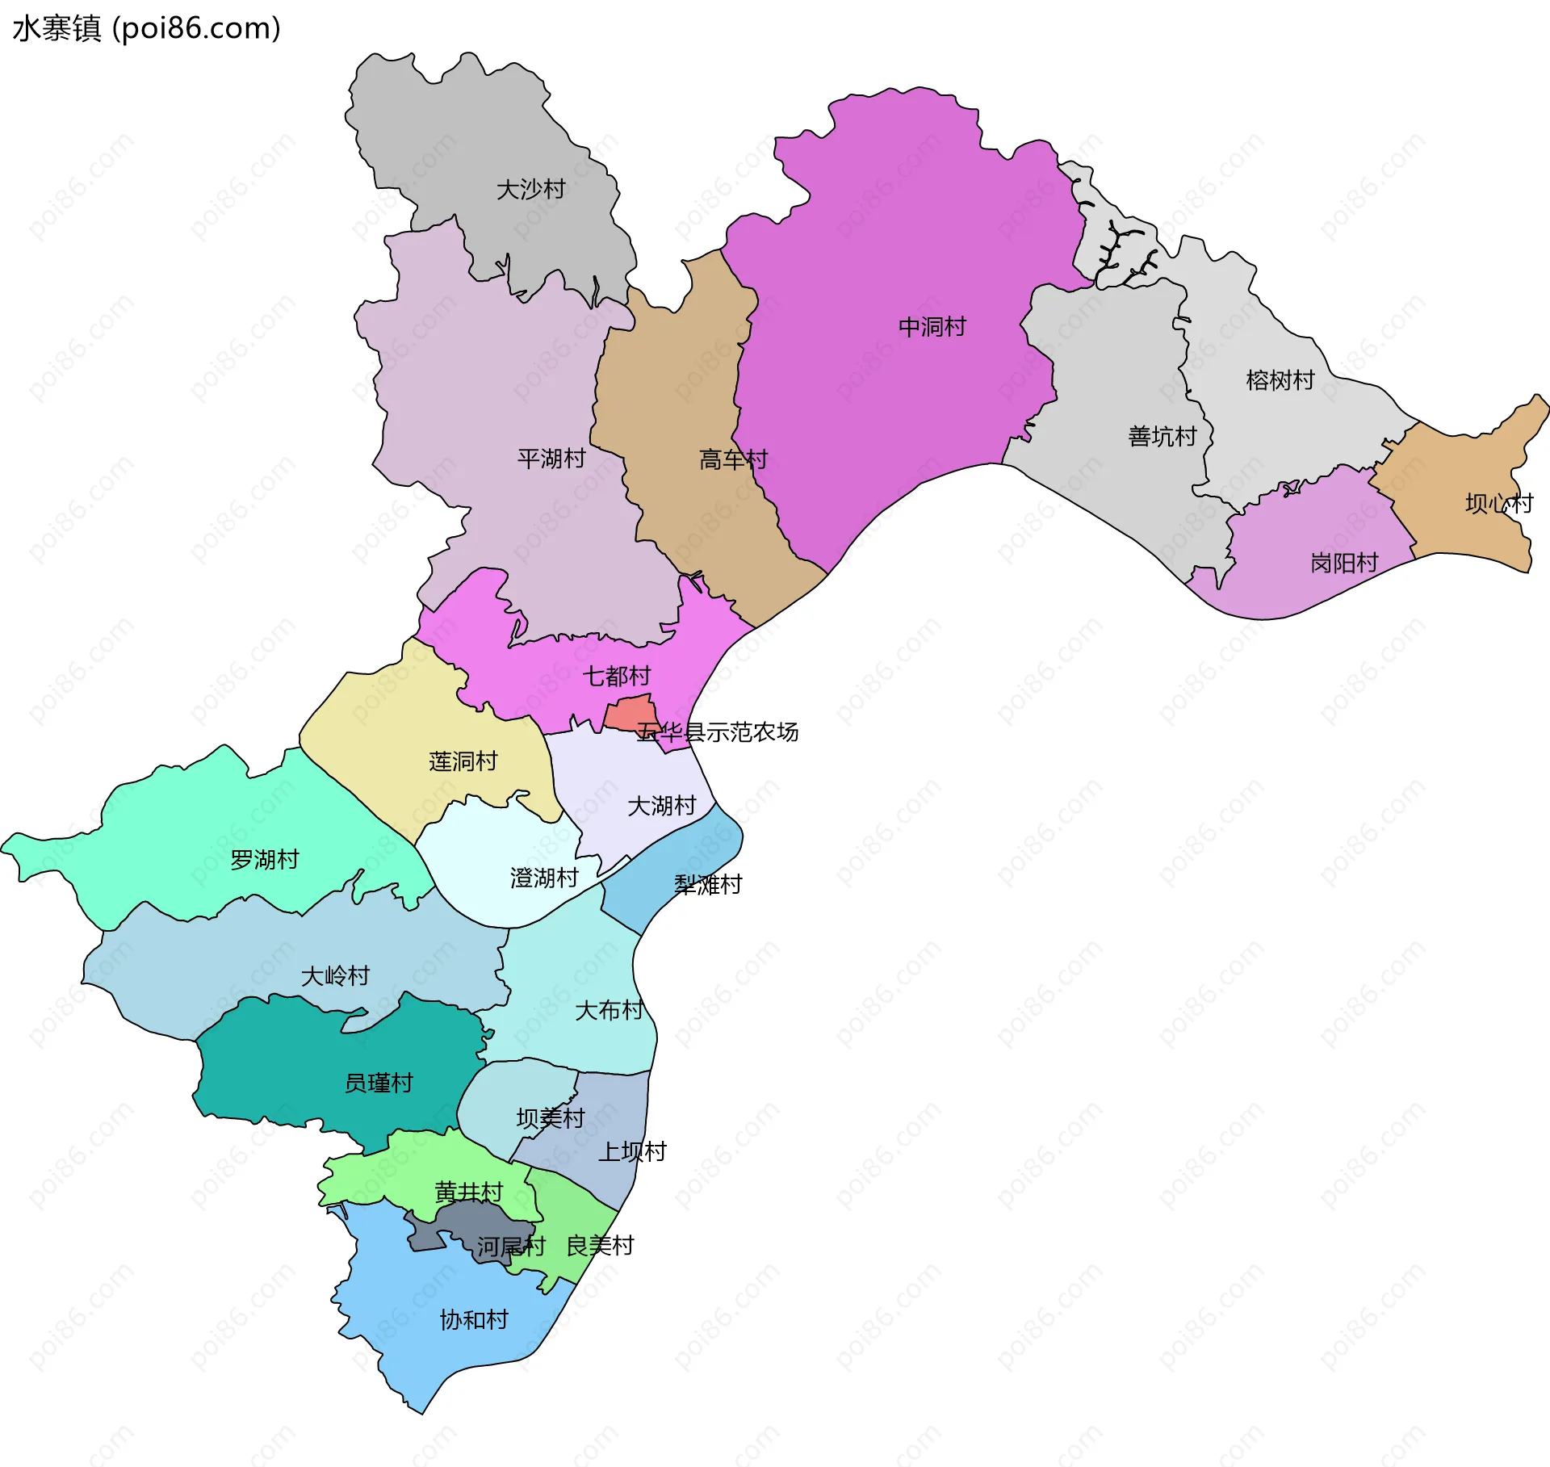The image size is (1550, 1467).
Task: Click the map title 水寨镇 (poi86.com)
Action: click(146, 28)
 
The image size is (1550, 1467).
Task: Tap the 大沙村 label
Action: click(530, 190)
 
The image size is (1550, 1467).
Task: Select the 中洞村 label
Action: click(932, 327)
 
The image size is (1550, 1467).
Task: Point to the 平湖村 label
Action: click(551, 459)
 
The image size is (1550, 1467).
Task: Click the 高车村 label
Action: click(732, 459)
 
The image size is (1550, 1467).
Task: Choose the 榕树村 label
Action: click(1280, 379)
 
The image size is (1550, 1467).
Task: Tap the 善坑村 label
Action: click(1162, 436)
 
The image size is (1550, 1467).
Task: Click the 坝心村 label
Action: click(1498, 503)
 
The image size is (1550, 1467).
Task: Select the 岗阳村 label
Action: click(1343, 562)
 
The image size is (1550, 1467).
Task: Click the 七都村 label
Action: click(617, 675)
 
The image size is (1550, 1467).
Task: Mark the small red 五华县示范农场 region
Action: click(630, 713)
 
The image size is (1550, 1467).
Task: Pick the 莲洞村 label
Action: click(463, 761)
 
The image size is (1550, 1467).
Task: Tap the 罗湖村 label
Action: click(265, 859)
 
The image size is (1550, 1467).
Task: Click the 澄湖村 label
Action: click(544, 878)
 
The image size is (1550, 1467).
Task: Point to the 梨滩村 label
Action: click(707, 884)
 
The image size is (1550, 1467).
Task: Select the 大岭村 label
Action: click(335, 976)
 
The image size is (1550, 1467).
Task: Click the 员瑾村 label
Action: click(379, 1083)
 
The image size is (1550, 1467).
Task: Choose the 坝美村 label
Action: click(550, 1118)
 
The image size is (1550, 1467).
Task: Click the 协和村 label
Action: click(474, 1320)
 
